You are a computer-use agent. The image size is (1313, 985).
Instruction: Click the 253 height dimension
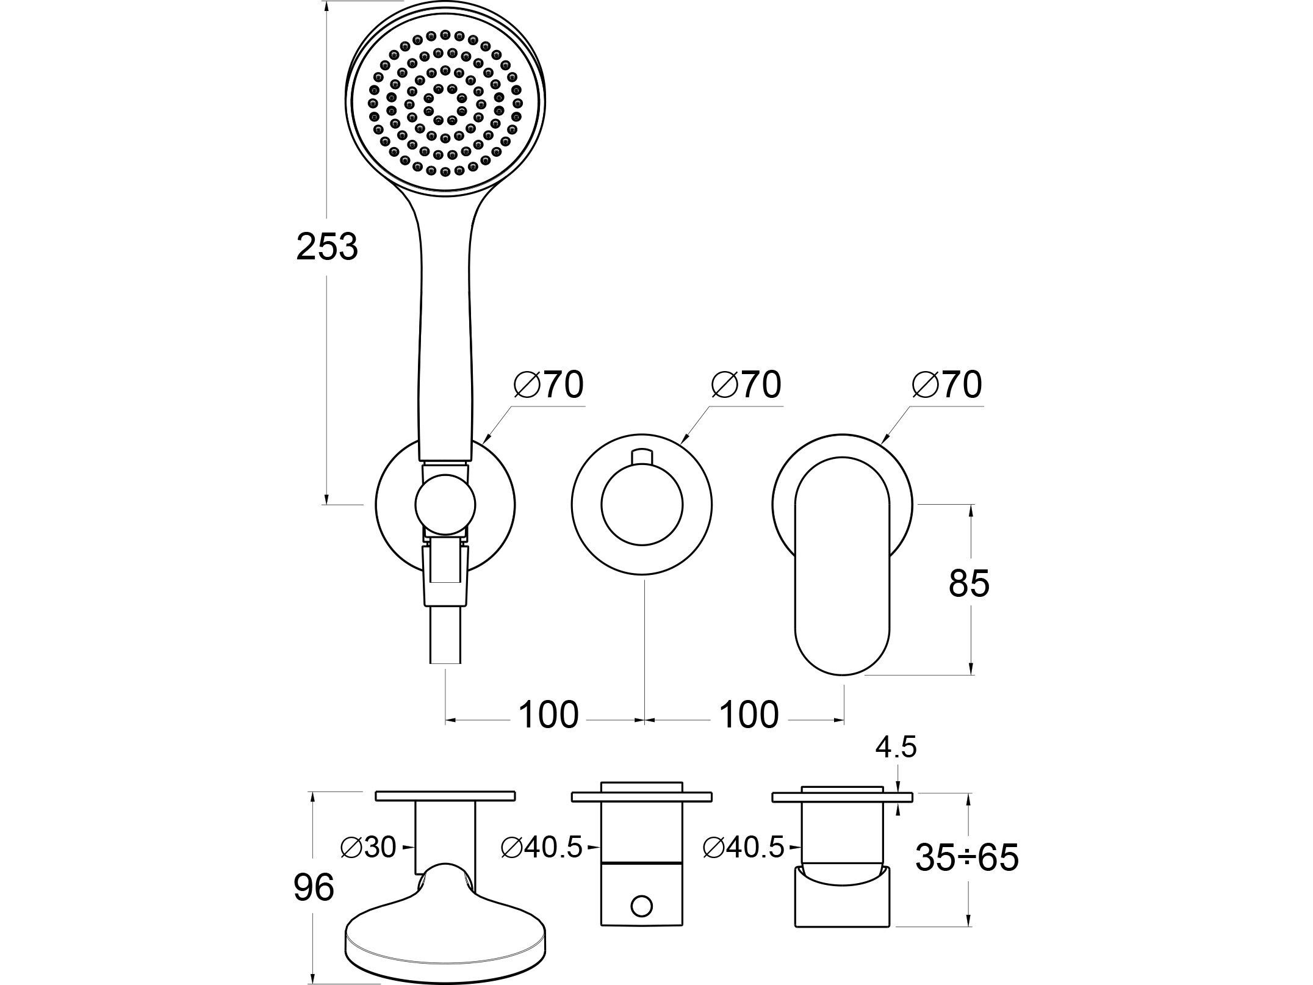click(326, 247)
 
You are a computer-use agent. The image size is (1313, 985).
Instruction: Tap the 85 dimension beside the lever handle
click(969, 583)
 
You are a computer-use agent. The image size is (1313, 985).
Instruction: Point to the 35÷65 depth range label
click(967, 857)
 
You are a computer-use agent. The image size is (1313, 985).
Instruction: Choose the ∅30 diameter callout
click(369, 847)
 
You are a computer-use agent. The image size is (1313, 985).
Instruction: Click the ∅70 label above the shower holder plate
click(549, 384)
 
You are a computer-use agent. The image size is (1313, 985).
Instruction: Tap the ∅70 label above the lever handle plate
click(947, 384)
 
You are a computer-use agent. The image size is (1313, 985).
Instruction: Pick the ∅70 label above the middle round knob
click(746, 384)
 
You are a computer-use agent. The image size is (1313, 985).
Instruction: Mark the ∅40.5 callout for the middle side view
click(541, 847)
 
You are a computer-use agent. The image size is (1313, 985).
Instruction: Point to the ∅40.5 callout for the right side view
click(743, 847)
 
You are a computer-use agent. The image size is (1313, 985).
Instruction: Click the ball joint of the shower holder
click(445, 505)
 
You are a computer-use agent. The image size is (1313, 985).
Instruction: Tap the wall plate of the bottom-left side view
click(445, 796)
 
